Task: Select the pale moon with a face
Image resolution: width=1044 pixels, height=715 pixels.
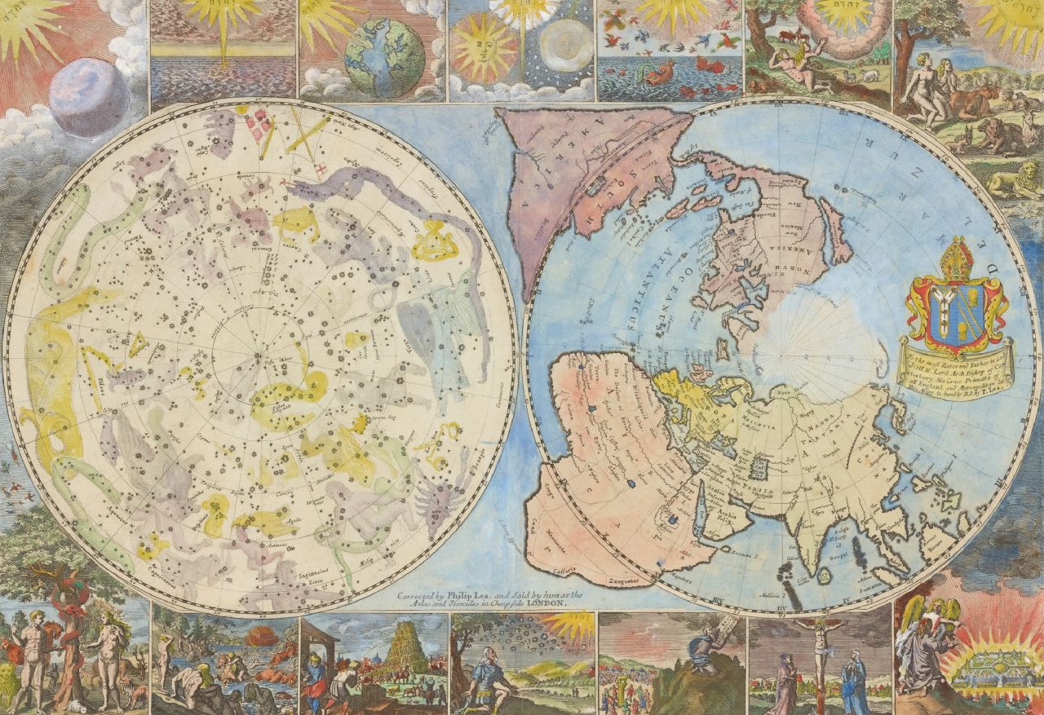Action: click(564, 47)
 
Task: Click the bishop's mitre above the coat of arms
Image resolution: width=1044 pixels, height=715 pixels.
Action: click(955, 260)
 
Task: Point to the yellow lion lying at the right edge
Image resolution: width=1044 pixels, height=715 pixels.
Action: click(1018, 184)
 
